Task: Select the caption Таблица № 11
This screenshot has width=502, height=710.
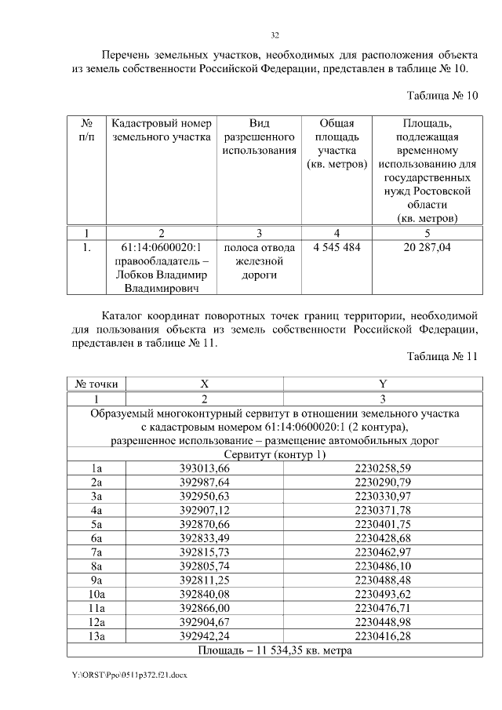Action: point(442,356)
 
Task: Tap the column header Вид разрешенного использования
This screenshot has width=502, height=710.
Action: point(259,137)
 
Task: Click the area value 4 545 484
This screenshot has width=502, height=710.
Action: point(336,247)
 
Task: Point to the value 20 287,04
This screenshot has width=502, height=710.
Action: point(427,247)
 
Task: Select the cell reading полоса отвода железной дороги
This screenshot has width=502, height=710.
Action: point(259,261)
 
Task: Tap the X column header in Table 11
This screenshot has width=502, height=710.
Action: point(204,384)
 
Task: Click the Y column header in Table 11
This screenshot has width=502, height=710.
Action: point(382,384)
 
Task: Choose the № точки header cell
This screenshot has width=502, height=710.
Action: point(96,384)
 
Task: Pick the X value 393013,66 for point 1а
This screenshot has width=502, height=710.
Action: point(204,468)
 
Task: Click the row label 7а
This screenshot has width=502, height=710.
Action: point(96,552)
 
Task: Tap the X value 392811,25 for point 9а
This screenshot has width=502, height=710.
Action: point(204,580)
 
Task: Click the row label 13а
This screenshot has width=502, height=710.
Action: point(96,636)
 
